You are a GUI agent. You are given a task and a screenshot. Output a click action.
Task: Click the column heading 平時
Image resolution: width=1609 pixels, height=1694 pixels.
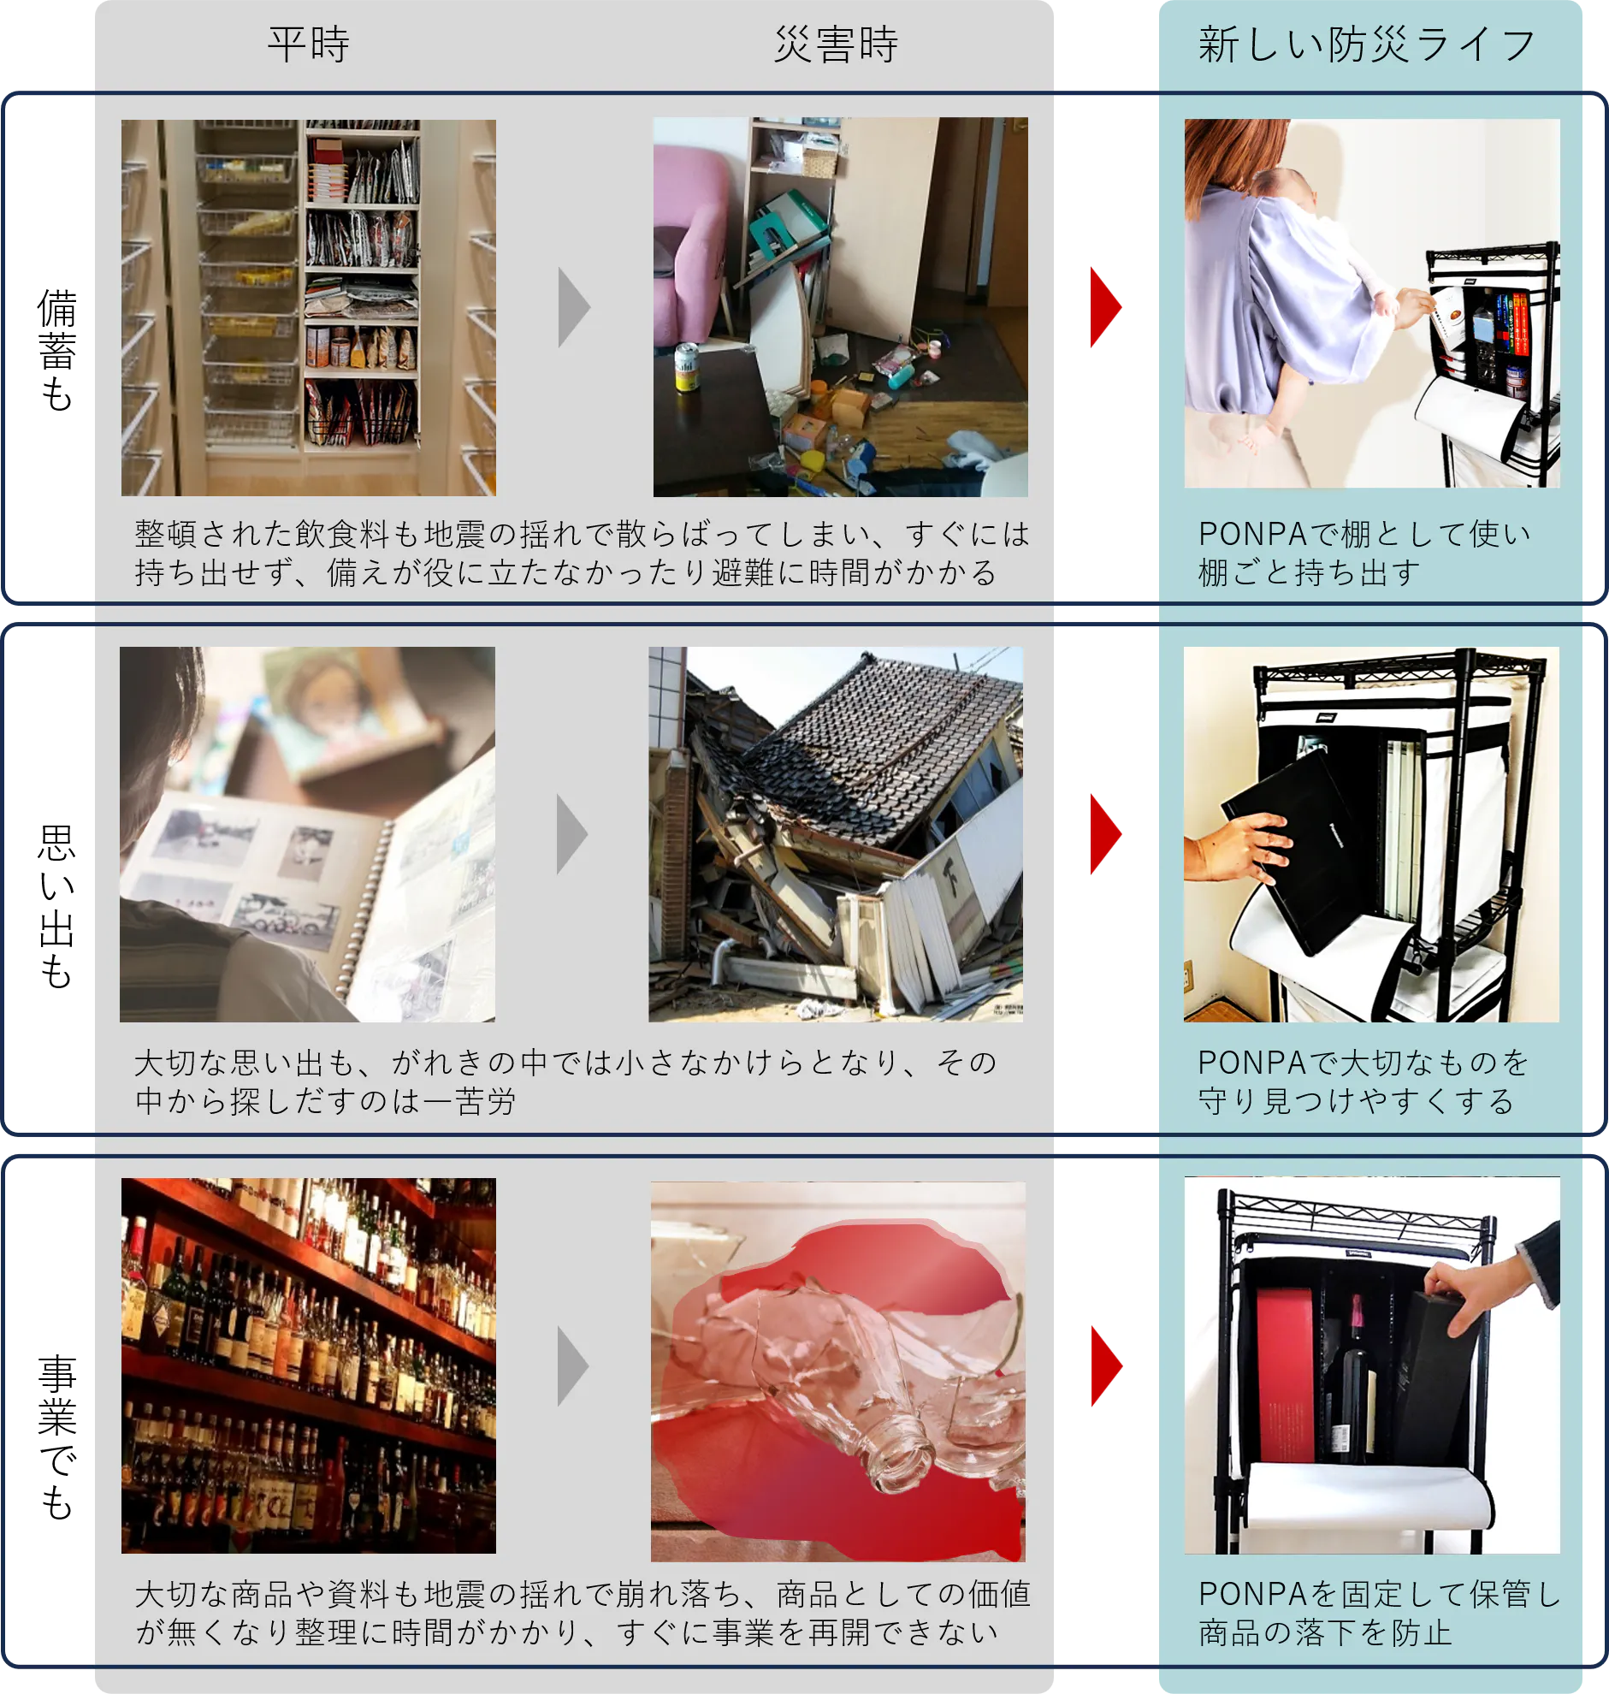(309, 44)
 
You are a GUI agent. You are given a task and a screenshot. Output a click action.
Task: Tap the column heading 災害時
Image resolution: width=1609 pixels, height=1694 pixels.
(837, 44)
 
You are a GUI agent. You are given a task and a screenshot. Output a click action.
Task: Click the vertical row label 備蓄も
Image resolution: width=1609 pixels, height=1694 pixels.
(57, 351)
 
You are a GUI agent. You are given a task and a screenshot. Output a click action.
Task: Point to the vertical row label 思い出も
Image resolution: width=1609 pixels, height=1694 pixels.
(57, 907)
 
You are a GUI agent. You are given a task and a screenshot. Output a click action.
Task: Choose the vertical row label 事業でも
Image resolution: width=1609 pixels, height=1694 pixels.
(57, 1437)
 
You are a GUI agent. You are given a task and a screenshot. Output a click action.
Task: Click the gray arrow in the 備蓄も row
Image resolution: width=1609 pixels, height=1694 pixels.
(574, 307)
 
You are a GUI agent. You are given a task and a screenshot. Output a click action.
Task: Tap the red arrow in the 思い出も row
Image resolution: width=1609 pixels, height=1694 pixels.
(1105, 833)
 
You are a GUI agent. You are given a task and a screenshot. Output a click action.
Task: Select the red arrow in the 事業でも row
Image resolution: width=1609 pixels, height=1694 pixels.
(1106, 1365)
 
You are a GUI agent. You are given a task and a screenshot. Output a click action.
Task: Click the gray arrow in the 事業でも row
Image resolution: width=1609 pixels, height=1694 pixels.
(573, 1365)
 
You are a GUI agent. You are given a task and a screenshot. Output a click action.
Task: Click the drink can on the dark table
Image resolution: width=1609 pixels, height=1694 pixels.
(686, 367)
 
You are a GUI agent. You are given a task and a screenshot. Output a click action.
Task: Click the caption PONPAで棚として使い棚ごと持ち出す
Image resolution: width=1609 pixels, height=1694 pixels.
(1364, 553)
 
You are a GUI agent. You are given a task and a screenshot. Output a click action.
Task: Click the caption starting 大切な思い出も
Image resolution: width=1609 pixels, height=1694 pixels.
(566, 1081)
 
